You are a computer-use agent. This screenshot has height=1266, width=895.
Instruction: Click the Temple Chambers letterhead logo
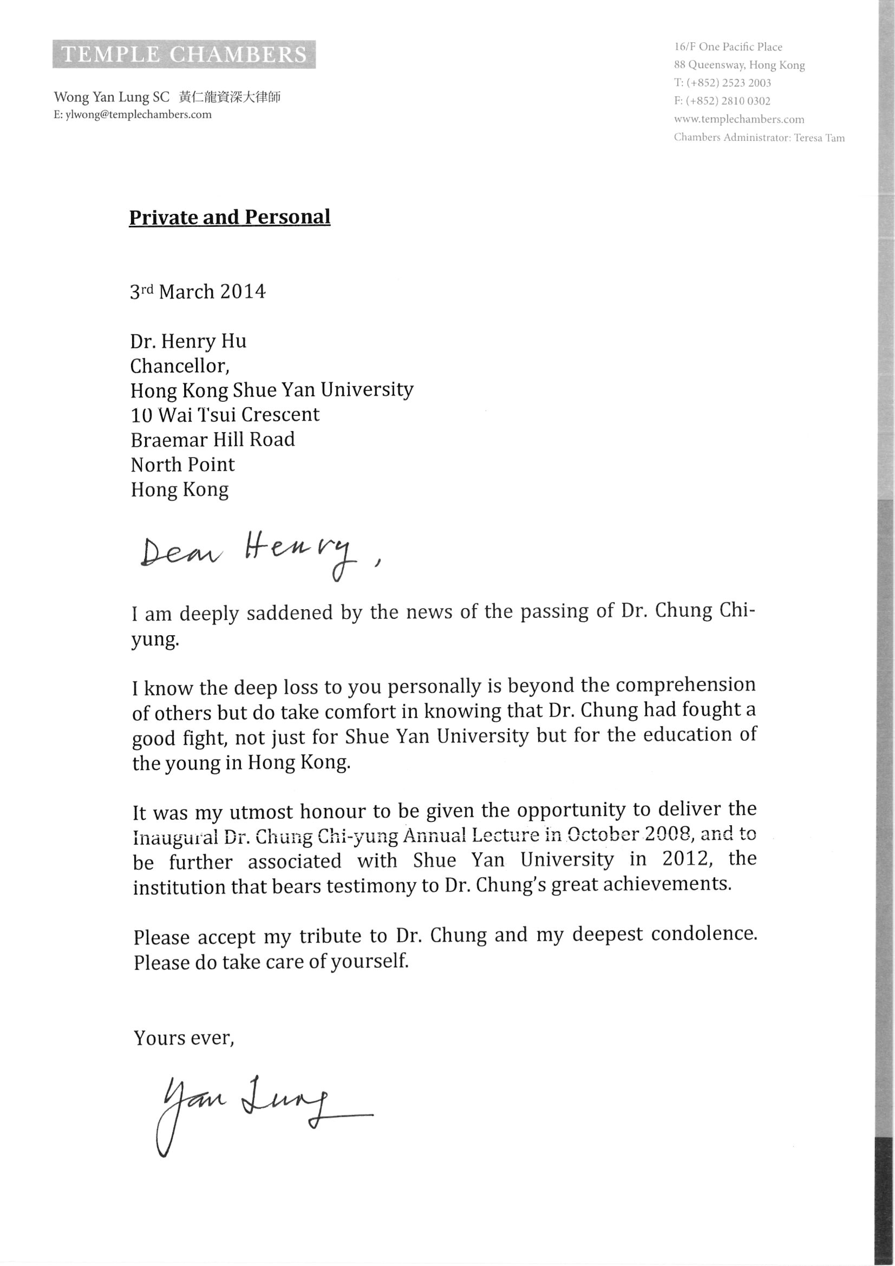(x=184, y=55)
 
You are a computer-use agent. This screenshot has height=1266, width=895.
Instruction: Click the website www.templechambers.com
(x=738, y=119)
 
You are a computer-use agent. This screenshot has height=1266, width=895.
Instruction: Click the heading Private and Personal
(x=229, y=217)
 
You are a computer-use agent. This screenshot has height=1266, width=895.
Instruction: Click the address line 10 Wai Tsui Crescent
(x=225, y=415)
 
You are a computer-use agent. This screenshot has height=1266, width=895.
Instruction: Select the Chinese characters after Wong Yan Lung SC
(x=230, y=98)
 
